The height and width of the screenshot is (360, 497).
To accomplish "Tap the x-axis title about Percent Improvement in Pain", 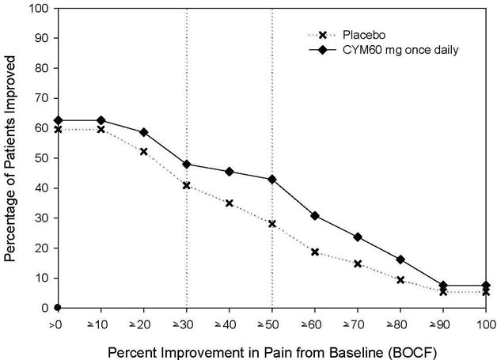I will coord(272,347).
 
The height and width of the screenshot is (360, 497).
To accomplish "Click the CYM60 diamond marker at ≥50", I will coord(272,180).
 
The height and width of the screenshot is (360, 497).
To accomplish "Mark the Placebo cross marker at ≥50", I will coord(272,224).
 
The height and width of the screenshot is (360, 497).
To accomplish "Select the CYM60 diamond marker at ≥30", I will coord(187,165).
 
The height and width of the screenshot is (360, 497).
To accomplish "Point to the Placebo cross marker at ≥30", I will coord(187,186).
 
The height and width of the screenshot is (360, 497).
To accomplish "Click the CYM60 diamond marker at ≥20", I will coord(144,132).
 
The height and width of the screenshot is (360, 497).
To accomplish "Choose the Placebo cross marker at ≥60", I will coord(315,252).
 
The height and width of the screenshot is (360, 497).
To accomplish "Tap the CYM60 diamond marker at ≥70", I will coord(358,237).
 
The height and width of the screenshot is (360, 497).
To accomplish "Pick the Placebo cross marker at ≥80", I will coord(400,280).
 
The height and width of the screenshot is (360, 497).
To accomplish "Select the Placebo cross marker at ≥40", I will coord(230,203).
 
